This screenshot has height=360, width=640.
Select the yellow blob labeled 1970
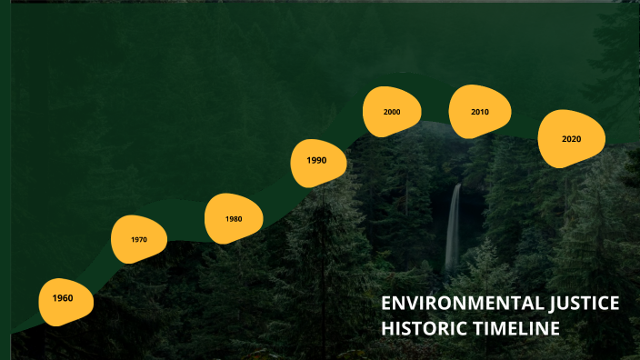pyautogui.click(x=139, y=239)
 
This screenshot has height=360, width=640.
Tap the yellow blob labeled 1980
pyautogui.click(x=234, y=218)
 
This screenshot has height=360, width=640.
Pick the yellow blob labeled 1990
pyautogui.click(x=319, y=162)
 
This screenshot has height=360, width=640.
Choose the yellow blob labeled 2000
pyautogui.click(x=392, y=111)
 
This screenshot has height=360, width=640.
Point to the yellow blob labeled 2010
pyautogui.click(x=480, y=111)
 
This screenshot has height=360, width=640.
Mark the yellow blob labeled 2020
pyautogui.click(x=571, y=139)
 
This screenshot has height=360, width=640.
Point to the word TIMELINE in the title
pyautogui.click(x=515, y=328)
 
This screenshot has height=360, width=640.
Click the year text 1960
pyautogui.click(x=63, y=298)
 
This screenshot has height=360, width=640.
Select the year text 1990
pyautogui.click(x=316, y=160)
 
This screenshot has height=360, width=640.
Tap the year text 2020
pyautogui.click(x=571, y=139)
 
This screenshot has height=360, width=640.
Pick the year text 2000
pyautogui.click(x=392, y=112)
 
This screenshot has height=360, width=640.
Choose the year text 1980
pyautogui.click(x=234, y=219)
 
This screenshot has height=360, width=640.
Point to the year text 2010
pyautogui.click(x=480, y=112)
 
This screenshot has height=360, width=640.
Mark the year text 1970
pyautogui.click(x=138, y=240)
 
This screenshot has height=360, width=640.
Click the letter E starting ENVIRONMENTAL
pyautogui.click(x=386, y=305)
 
